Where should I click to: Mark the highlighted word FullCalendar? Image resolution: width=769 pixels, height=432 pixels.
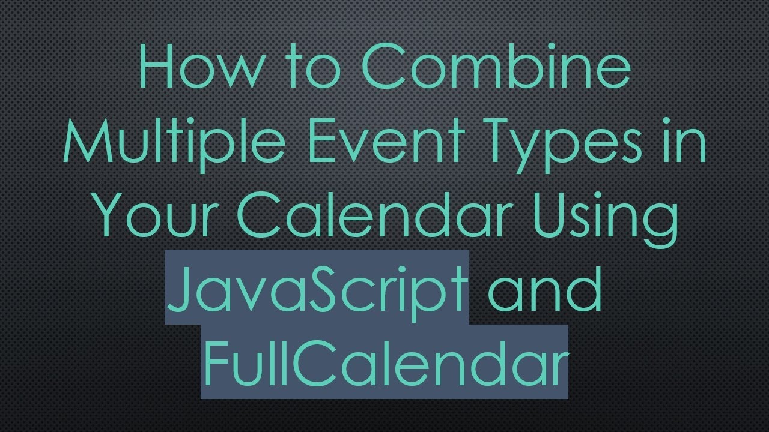384,361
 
